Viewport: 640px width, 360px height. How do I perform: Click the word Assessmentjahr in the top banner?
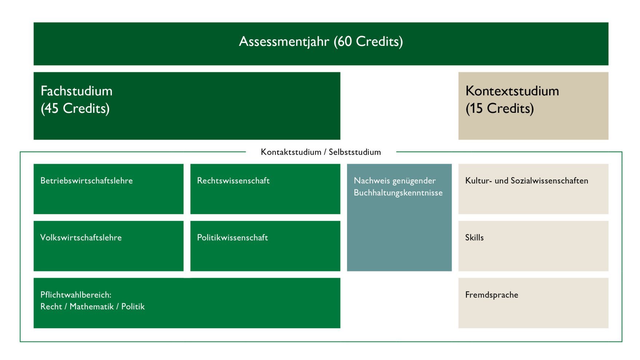point(284,42)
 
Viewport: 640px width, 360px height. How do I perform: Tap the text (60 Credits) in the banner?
point(368,41)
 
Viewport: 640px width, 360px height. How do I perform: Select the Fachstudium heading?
point(76,91)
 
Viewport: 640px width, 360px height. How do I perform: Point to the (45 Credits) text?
point(75,108)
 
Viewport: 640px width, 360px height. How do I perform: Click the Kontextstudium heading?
point(512,91)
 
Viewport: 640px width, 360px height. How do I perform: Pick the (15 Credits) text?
point(500,108)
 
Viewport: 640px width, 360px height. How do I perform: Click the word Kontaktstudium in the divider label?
point(291,152)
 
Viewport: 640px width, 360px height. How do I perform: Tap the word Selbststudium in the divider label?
point(355,152)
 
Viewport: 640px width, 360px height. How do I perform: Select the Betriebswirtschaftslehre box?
point(108,189)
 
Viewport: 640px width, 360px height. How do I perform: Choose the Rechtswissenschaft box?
point(265,189)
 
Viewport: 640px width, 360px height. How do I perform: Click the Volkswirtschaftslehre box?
point(108,246)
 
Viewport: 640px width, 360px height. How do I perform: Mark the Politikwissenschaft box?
point(265,246)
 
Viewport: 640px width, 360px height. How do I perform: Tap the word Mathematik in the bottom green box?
point(92,306)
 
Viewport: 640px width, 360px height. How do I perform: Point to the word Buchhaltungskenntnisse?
point(398,193)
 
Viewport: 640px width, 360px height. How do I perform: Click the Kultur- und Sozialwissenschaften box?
point(533,189)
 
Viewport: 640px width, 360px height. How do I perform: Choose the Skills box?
point(533,246)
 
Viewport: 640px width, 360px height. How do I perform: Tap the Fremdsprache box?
point(533,303)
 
